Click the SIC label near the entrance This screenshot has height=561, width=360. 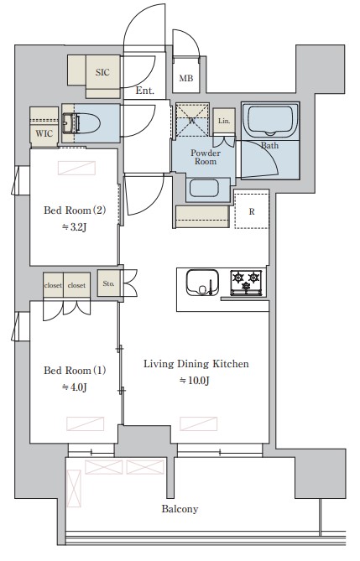102,72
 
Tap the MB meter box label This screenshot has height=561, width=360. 186,78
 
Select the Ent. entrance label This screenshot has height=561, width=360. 144,91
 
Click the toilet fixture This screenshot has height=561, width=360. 81,123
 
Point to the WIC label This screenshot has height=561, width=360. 44,134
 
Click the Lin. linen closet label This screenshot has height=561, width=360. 224,121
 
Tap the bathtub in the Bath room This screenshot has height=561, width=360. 270,121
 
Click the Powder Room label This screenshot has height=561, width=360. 206,157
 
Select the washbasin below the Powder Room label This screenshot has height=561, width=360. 204,188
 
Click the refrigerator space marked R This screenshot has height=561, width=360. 252,210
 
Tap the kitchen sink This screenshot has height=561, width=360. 202,283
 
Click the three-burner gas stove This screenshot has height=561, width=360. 246,283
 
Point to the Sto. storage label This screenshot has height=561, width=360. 108,283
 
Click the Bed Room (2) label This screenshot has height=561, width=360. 75,210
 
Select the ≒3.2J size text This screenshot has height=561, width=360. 74,227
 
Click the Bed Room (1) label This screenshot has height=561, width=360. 75,371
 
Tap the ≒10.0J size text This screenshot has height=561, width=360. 195,381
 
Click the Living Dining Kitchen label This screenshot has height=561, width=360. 196,364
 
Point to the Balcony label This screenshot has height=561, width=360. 180,509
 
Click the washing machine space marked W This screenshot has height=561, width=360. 192,120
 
